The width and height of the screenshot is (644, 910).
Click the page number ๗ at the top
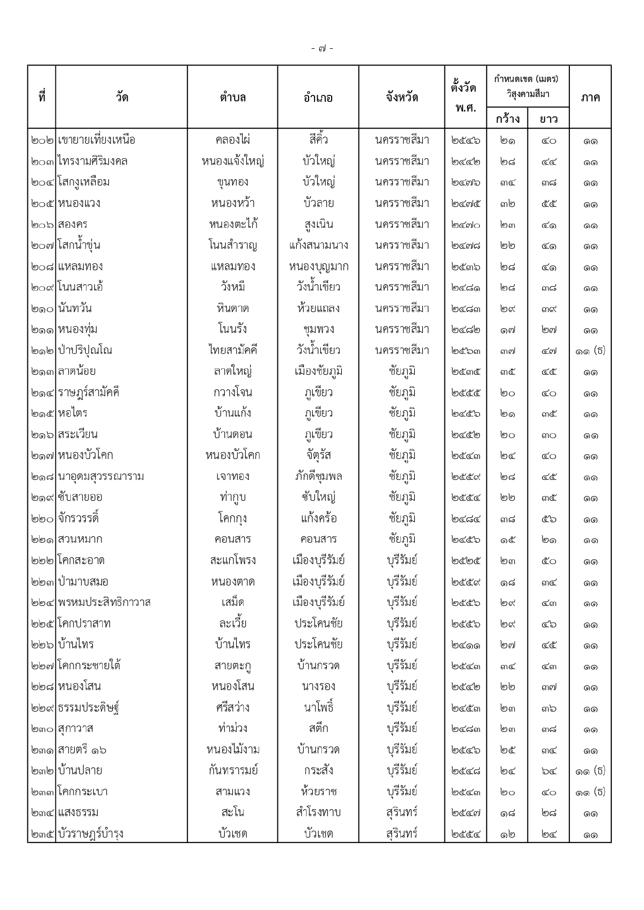[x=322, y=49]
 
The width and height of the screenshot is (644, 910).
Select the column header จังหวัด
[x=401, y=98]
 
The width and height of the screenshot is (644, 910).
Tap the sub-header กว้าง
[x=507, y=119]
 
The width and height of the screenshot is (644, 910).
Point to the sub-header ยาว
[x=548, y=119]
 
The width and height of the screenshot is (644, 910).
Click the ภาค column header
[x=590, y=98]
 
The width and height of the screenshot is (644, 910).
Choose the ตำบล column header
[x=232, y=98]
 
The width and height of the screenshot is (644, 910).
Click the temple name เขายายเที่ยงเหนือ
[x=96, y=140]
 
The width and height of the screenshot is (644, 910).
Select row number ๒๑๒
[x=42, y=351]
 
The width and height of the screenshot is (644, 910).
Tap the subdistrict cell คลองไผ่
[x=232, y=140]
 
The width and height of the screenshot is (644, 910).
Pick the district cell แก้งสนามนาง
[x=318, y=246]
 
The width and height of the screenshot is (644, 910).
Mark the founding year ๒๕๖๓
[x=465, y=351]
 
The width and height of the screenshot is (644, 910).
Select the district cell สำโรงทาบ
[x=318, y=812]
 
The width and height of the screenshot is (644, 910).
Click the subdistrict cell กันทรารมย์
[x=232, y=771]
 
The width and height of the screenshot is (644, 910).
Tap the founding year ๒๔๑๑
[x=465, y=645]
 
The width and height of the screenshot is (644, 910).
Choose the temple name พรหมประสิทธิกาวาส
[x=104, y=603]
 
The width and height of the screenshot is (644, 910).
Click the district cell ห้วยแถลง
[x=318, y=309]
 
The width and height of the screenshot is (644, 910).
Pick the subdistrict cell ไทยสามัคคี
[x=232, y=351]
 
